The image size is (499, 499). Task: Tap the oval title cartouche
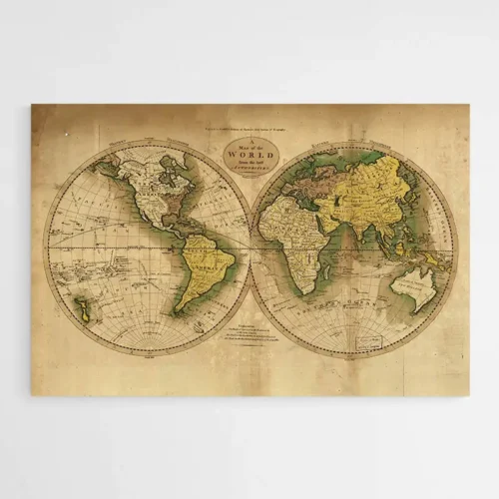[248, 158]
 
